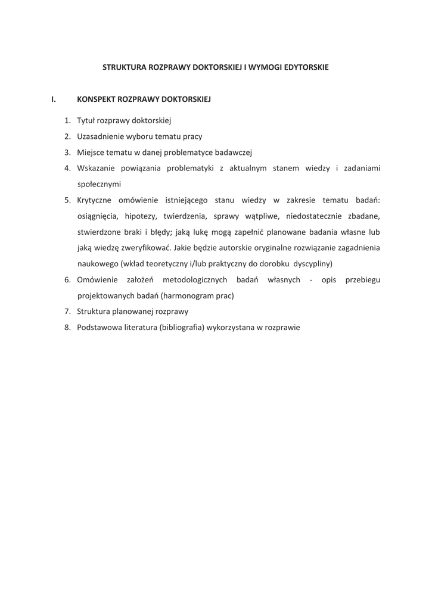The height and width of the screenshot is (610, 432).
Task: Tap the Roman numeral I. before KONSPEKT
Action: [x=54, y=99]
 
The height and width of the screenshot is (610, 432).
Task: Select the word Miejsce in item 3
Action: [x=91, y=152]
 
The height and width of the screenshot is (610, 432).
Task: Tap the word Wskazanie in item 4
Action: [x=95, y=169]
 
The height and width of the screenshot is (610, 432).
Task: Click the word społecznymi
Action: [x=99, y=185]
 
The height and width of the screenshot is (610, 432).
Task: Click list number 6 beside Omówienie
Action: [x=67, y=279]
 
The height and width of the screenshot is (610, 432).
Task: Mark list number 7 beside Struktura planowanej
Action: [x=67, y=312]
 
